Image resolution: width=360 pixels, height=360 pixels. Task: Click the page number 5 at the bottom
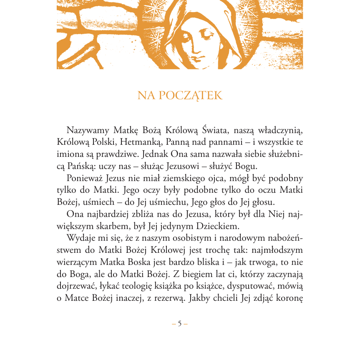[x=180, y=323]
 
